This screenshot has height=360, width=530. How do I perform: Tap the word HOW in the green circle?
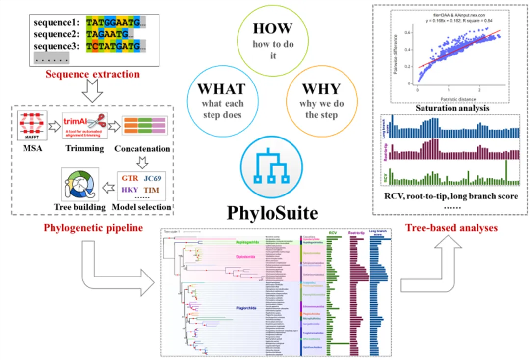tap(273, 28)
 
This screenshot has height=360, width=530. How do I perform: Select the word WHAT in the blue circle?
tap(221, 89)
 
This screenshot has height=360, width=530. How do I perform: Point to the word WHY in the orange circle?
tap(321, 89)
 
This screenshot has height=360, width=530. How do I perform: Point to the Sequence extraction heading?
tap(92, 75)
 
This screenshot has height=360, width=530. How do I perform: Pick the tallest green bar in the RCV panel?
tap(506, 172)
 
